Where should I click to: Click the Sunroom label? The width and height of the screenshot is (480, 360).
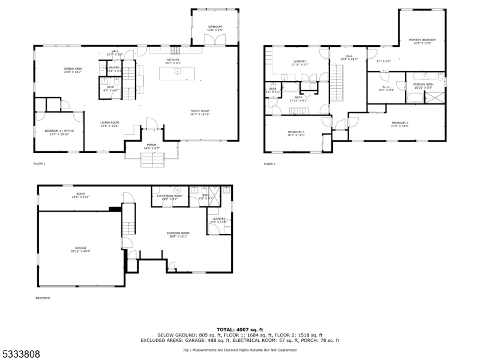click(215, 28)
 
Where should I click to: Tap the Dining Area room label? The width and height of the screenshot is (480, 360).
click(73, 70)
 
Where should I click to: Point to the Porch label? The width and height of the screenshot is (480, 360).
click(151, 145)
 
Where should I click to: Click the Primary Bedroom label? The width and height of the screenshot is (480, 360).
click(422, 41)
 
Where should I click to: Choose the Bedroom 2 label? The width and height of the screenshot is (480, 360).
click(400, 124)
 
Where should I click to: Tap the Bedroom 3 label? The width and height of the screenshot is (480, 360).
click(296, 133)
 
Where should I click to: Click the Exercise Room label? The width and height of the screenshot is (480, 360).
click(178, 234)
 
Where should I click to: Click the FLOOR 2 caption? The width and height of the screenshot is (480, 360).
click(269, 163)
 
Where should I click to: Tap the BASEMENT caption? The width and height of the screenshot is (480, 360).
click(43, 298)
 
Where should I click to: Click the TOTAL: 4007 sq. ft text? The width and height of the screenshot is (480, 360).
click(240, 329)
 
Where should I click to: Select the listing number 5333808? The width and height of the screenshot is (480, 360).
click(20, 354)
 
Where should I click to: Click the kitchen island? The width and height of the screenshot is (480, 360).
click(178, 72)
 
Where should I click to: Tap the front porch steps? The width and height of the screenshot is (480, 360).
click(151, 160)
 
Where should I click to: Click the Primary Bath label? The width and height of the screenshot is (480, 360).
click(422, 85)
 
